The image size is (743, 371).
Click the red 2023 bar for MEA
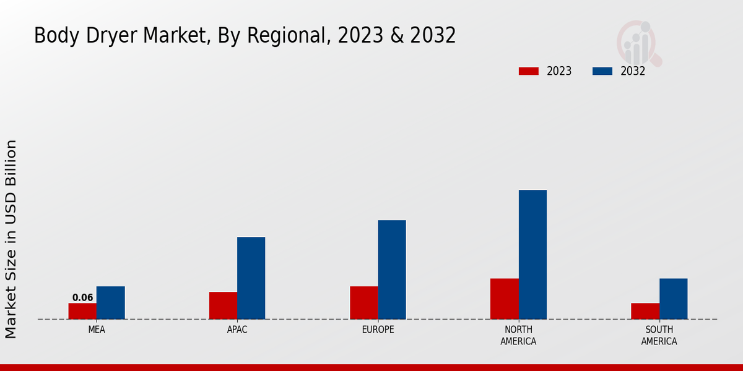[x=82, y=311]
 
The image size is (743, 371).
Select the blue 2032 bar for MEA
[x=110, y=303]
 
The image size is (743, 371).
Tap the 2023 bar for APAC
[x=223, y=305]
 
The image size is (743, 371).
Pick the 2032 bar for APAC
[x=251, y=278]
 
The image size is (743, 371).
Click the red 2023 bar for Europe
[x=363, y=303]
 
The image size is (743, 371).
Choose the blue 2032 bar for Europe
[x=392, y=270]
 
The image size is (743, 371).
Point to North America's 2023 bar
[x=504, y=299]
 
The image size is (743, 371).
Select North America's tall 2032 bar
[x=532, y=255]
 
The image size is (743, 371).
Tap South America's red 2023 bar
[x=645, y=311]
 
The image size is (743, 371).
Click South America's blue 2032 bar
[x=673, y=299]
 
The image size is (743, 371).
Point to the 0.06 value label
[x=82, y=297]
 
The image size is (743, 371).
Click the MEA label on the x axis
[x=97, y=330]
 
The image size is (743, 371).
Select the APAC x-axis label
[x=237, y=330]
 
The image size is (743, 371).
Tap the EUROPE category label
[x=378, y=330]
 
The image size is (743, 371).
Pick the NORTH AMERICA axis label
[x=518, y=335]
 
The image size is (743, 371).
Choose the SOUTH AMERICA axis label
[x=659, y=335]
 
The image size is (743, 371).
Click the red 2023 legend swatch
[x=528, y=71]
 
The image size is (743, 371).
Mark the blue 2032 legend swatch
[x=602, y=71]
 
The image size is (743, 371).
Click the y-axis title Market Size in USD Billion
[x=11, y=239]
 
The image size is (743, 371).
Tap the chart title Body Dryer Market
[x=245, y=36]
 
